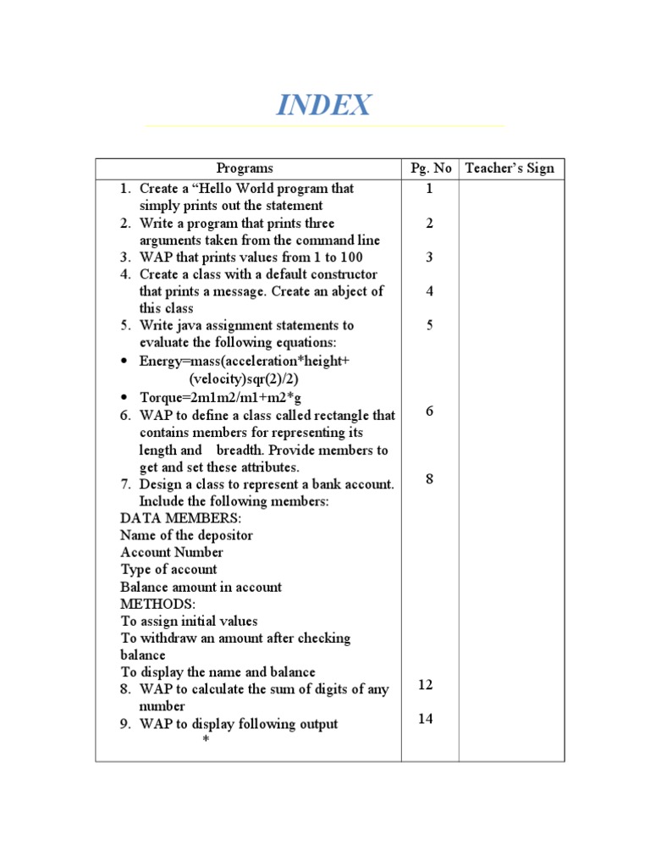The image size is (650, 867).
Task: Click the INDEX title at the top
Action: click(324, 106)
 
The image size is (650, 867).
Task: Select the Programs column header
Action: click(245, 168)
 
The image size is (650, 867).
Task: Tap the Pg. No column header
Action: click(431, 168)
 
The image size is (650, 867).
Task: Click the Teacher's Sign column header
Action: click(510, 168)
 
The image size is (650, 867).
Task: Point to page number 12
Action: click(426, 685)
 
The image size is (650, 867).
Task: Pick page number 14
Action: click(426, 719)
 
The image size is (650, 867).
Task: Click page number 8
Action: click(430, 479)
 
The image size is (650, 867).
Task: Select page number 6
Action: click(430, 411)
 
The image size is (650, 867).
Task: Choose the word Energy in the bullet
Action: click(162, 362)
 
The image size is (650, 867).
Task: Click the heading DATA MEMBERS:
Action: click(180, 518)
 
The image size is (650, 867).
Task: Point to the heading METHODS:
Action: click(158, 604)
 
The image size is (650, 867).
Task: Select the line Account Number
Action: click(172, 552)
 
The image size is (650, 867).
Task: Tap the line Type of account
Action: click(168, 570)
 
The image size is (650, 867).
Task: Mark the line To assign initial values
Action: click(189, 621)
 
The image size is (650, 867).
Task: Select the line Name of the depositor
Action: click(186, 535)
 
